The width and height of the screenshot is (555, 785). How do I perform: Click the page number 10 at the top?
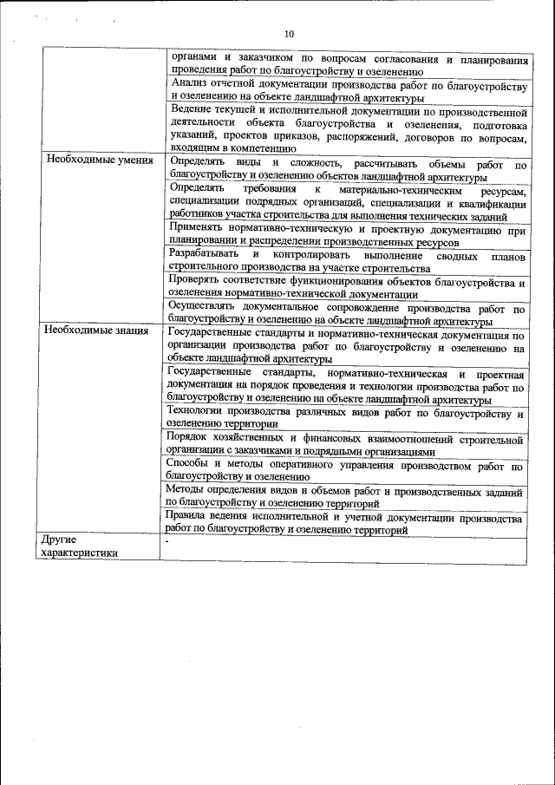coord(289,34)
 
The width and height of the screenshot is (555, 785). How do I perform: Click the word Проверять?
coord(198,282)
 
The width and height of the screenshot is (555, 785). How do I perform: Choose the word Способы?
coord(190,465)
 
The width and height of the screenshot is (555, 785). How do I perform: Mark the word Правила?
coord(190,518)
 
